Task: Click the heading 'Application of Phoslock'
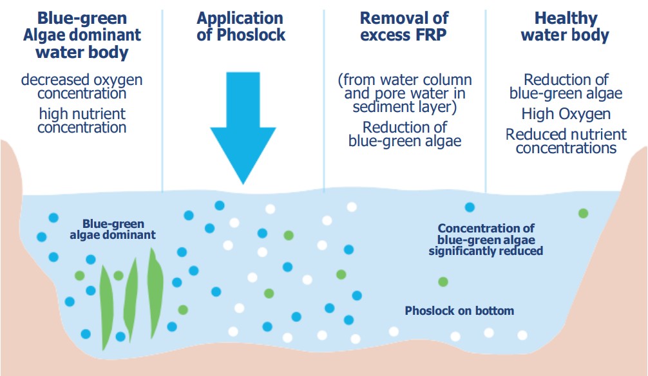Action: point(241,26)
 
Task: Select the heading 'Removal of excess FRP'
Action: point(404,26)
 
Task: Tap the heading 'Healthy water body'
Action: point(565,26)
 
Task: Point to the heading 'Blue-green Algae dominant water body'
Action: point(81,34)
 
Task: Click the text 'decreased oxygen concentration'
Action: point(82,86)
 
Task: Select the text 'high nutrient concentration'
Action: point(82,120)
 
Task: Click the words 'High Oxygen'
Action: point(566,114)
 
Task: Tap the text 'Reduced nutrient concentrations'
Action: point(566,141)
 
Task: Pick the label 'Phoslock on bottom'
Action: point(459,311)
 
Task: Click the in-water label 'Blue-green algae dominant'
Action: point(113,230)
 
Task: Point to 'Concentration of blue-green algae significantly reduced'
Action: point(486,240)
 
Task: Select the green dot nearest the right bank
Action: point(583,213)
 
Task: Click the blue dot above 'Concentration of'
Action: point(470,207)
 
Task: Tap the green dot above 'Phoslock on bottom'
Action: point(443,281)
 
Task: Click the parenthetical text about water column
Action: point(405,93)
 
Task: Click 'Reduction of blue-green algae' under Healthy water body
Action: point(566,86)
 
